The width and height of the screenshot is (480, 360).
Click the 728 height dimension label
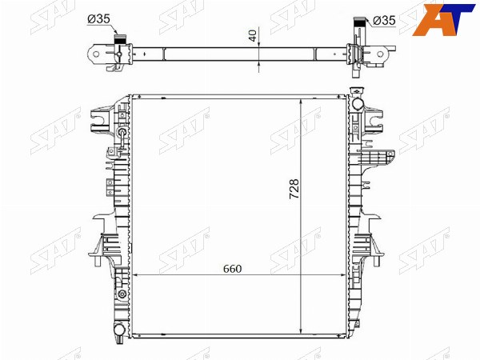tap(294, 189)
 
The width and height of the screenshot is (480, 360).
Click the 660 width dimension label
tap(232, 269)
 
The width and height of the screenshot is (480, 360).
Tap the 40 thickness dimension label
tap(253, 35)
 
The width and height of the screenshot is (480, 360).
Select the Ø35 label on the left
tap(98, 19)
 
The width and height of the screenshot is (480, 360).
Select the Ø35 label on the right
tap(384, 21)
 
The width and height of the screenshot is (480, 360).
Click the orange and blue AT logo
tap(443, 20)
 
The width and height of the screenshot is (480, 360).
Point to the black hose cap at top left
tap(121, 39)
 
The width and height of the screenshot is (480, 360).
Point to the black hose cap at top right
tap(360, 22)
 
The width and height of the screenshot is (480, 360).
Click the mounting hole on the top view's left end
tap(96, 54)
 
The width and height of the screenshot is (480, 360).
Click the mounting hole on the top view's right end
tap(380, 54)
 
